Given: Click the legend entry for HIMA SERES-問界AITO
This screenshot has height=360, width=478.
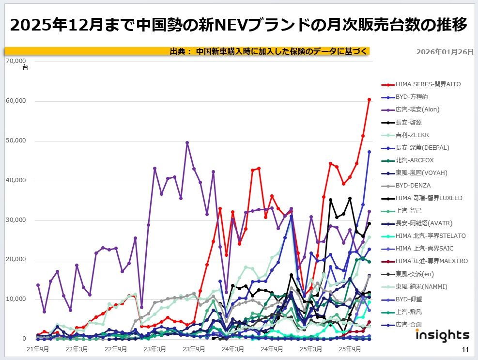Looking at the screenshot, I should click(x=428, y=84).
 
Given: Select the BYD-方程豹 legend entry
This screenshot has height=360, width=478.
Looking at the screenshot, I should click(x=412, y=97).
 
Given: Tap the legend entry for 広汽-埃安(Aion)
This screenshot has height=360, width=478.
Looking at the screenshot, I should click(x=417, y=110).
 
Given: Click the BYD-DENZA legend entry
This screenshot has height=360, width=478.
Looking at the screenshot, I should click(x=413, y=186).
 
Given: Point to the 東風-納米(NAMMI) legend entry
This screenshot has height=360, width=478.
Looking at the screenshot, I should click(x=421, y=286).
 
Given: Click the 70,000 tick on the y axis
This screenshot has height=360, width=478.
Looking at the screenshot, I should click(x=16, y=62).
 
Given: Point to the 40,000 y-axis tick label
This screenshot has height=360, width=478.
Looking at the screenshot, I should click(x=16, y=180).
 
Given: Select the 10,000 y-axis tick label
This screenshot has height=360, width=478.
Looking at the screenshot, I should click(x=16, y=299).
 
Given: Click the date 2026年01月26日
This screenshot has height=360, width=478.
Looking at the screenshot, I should click(x=445, y=52).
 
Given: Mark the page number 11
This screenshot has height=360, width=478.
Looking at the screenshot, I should click(x=465, y=350).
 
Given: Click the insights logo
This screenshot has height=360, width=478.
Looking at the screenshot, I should click(x=442, y=335).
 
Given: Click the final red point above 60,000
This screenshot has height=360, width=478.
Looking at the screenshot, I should click(x=369, y=99).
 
